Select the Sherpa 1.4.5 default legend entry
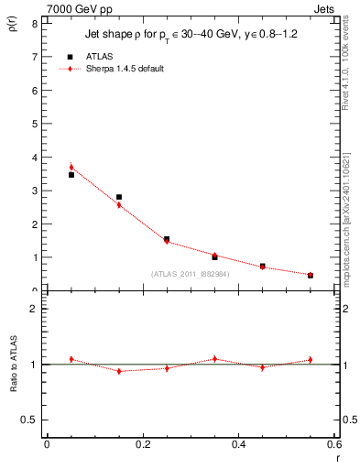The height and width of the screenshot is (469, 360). pyautogui.click(x=125, y=70)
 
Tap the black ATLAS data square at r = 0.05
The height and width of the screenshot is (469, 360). pyautogui.click(x=71, y=174)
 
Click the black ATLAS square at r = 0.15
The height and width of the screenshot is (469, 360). pyautogui.click(x=119, y=197)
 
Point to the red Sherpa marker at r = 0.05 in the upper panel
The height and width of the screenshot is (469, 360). pyautogui.click(x=71, y=168)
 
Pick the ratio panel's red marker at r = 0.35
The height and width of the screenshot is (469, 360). pyautogui.click(x=214, y=359)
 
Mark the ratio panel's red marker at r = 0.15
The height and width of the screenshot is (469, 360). pyautogui.click(x=119, y=371)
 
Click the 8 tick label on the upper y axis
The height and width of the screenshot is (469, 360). pyautogui.click(x=34, y=23)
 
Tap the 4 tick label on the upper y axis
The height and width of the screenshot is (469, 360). pyautogui.click(x=34, y=158)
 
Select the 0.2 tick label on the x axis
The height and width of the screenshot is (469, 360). pyautogui.click(x=143, y=444)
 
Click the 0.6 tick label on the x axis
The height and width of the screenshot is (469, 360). pyautogui.click(x=333, y=444)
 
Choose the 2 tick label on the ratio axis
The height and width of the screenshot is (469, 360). pyautogui.click(x=34, y=309)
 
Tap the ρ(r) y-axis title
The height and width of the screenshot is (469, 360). pyautogui.click(x=13, y=24)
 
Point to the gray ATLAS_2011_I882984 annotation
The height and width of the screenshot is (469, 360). pyautogui.click(x=190, y=274)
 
